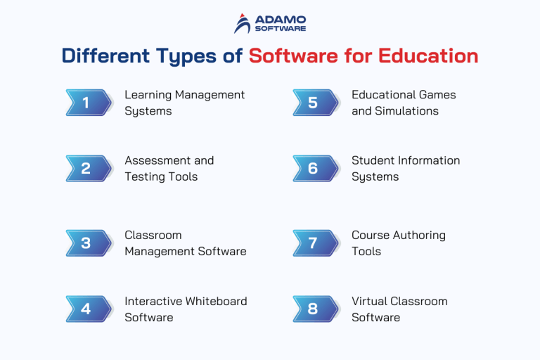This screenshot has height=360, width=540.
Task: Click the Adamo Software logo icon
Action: click(x=243, y=23)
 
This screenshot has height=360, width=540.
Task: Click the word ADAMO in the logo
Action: click(x=281, y=18)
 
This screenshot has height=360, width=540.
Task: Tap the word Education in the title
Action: click(x=435, y=56)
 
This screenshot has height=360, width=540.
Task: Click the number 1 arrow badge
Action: click(x=89, y=103)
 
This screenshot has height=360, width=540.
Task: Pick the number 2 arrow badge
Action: click(x=89, y=169)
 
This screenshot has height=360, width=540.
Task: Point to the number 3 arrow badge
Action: click(x=89, y=243)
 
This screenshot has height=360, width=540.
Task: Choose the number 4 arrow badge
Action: click(x=89, y=309)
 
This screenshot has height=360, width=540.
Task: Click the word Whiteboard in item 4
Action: click(x=214, y=301)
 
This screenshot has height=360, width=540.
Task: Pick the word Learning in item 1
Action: click(x=148, y=95)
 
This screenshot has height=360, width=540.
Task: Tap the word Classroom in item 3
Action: click(x=153, y=235)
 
